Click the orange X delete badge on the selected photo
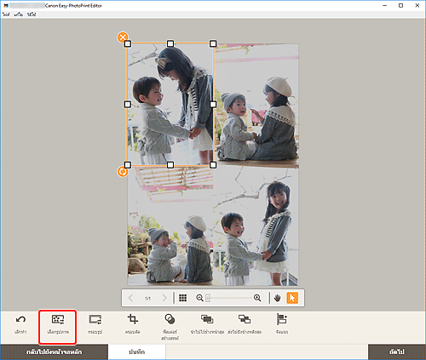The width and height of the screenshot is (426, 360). [123, 37]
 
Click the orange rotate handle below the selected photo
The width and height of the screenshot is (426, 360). [123, 171]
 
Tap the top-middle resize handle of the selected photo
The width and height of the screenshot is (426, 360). [170, 43]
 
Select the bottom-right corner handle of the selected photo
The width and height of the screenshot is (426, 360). [213, 164]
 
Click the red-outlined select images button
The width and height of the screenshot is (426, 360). [58, 322]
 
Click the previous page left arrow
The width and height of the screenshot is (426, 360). [131, 299]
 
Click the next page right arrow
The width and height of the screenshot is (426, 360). [164, 299]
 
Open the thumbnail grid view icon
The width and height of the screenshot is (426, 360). [182, 299]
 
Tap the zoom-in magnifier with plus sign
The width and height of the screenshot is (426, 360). [257, 299]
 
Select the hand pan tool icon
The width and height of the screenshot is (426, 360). [277, 299]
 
